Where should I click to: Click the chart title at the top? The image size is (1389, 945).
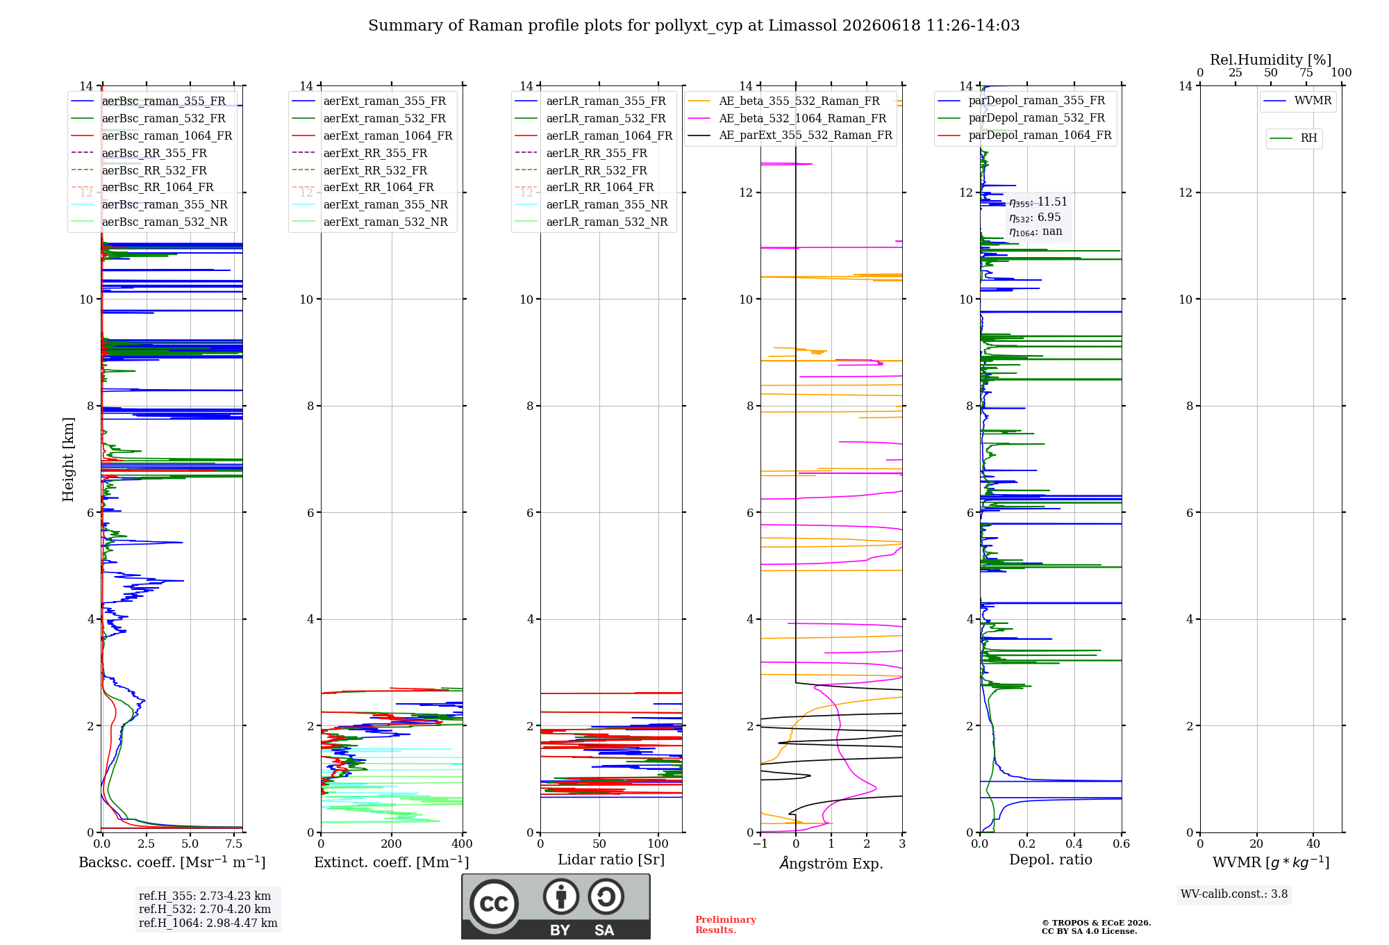(x=694, y=26)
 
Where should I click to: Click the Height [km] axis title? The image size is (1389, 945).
(x=68, y=459)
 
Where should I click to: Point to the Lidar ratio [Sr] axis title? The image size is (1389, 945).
(x=611, y=860)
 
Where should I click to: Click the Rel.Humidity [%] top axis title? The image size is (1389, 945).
(x=1271, y=60)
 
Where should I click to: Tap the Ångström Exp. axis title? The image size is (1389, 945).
(x=831, y=863)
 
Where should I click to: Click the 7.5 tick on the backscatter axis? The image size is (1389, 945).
(x=234, y=844)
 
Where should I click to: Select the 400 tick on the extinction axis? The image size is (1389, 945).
(x=462, y=844)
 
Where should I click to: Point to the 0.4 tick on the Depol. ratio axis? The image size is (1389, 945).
(x=1074, y=844)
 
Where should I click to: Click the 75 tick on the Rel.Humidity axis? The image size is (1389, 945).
(x=1306, y=73)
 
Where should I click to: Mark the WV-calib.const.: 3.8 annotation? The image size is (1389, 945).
(x=1234, y=894)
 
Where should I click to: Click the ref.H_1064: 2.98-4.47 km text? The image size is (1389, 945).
(x=208, y=923)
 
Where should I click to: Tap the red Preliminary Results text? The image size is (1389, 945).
(x=726, y=925)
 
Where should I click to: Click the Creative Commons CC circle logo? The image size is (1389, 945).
(x=494, y=903)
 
